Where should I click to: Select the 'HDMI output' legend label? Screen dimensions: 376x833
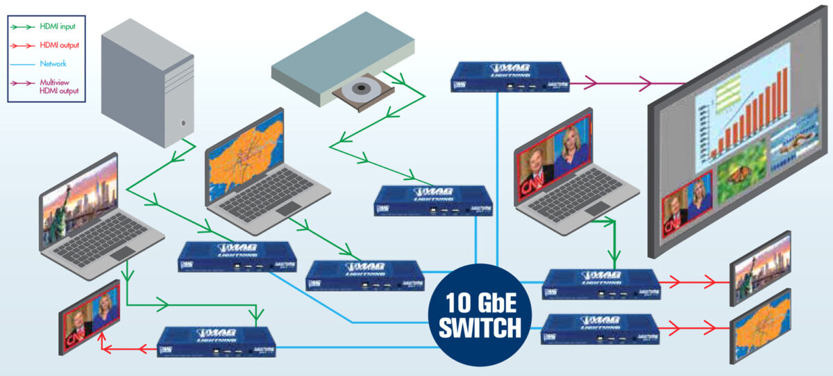click(60, 45)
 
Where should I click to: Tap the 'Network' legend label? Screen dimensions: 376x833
click(53, 63)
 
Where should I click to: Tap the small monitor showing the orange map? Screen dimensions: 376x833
click(760, 327)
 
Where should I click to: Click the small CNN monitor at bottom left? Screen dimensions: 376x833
click(90, 317)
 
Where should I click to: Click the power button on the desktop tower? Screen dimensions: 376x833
click(184, 123)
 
